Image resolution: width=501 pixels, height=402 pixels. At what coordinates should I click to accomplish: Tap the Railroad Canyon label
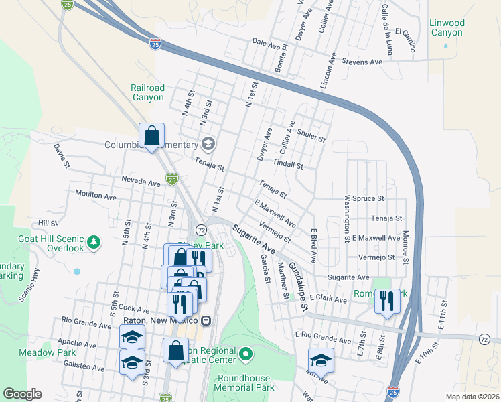[147, 92]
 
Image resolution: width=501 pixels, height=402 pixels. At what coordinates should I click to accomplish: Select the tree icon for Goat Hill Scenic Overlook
[95, 241]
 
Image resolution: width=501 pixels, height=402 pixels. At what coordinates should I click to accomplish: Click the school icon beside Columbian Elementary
[208, 144]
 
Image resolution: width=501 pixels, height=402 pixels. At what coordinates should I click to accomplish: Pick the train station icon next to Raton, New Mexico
[206, 320]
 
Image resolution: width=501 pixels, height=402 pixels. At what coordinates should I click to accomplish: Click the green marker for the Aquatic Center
[246, 353]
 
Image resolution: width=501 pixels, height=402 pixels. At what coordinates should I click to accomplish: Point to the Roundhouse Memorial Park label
[244, 383]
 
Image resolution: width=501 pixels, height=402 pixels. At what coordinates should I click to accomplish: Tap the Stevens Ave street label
[362, 62]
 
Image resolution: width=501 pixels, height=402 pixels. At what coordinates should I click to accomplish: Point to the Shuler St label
[311, 136]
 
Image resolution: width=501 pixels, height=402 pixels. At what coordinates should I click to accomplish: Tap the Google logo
[22, 394]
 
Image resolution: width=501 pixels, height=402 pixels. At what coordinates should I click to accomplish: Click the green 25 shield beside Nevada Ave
[172, 179]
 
